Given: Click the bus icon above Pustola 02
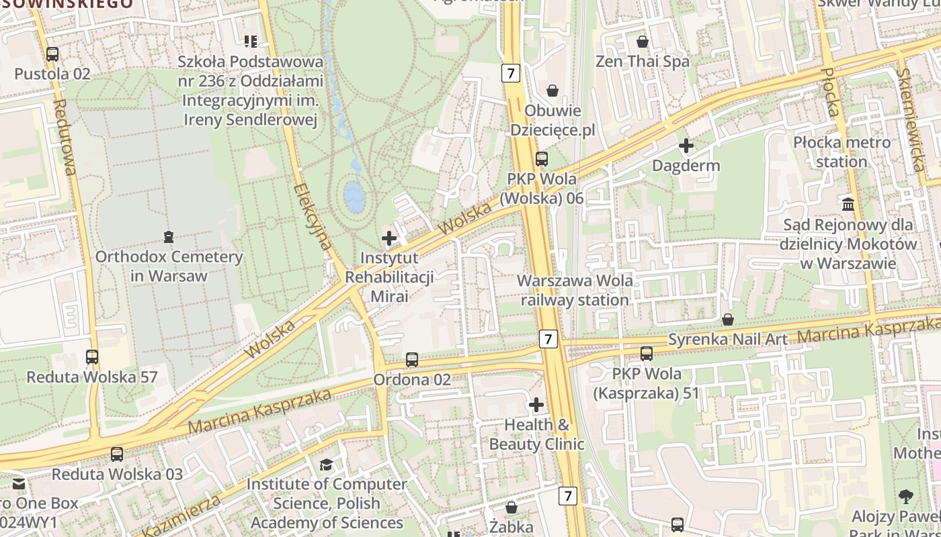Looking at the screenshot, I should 52,54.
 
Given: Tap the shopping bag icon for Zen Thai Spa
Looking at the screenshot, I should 643,42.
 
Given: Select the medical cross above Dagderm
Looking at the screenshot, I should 686,146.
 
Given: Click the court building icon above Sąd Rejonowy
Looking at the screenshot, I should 848,204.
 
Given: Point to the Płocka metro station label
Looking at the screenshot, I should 842,152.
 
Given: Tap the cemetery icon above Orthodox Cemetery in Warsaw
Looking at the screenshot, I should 169,237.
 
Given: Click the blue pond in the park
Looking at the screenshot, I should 354,195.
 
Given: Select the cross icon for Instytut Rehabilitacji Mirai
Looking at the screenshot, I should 389,238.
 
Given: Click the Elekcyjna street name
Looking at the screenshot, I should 314,217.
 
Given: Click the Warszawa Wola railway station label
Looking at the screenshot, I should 575,290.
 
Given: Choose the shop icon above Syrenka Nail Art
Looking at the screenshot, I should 727,320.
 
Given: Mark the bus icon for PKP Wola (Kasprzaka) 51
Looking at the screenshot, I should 647,354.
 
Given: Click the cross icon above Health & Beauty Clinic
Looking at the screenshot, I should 536,405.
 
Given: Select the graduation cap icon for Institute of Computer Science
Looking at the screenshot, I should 327,465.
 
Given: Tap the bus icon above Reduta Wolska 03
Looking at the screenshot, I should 117,454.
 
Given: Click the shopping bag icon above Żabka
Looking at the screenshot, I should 512,507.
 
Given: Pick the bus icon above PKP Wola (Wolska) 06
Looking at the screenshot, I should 542,159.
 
